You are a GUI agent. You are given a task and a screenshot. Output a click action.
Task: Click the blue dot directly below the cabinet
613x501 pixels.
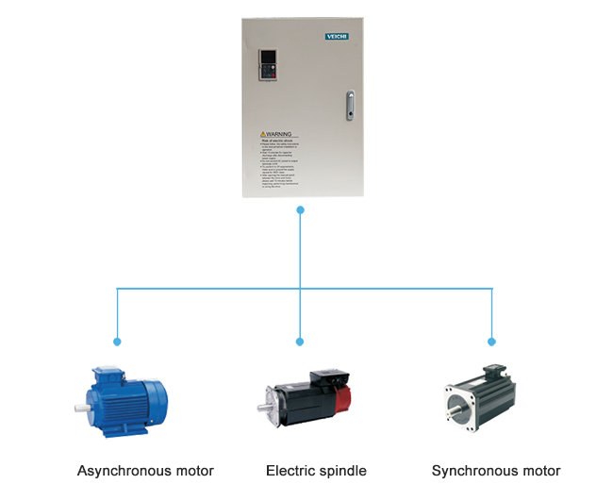pos(300,209)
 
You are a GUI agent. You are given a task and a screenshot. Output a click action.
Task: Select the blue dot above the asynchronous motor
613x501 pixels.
pos(117,341)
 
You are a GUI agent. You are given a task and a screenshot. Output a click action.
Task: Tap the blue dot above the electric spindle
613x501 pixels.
pos(300,341)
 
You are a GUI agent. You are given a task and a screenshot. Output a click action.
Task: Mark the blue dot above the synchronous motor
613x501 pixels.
pos(491,341)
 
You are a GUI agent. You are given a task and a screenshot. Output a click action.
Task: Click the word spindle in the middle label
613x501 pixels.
pos(341,471)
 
